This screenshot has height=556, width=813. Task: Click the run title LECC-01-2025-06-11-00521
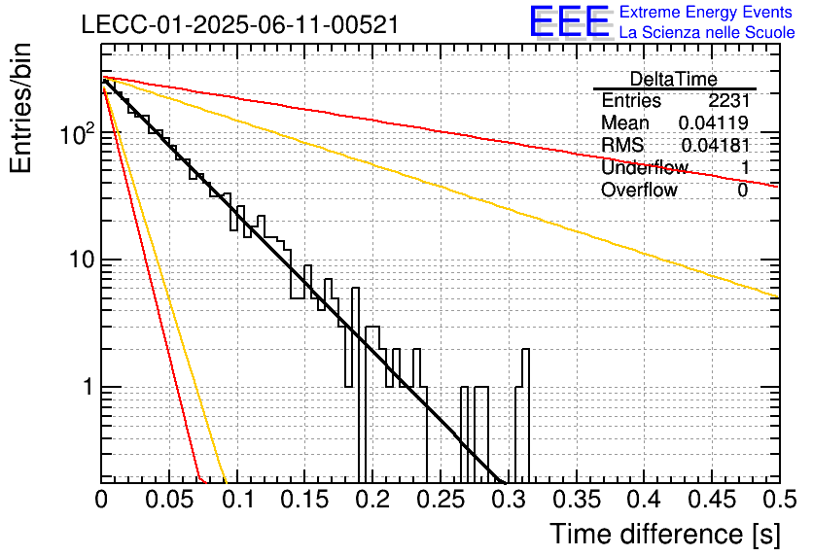240,24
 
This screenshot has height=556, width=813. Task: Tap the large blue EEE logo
570,21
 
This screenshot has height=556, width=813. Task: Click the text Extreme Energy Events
706,12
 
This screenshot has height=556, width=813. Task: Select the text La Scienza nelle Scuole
707,32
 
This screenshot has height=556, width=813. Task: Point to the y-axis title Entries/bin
20,108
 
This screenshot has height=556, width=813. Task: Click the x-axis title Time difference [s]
665,534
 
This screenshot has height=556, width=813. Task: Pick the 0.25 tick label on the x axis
442,500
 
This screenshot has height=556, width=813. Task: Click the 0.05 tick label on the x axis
169,500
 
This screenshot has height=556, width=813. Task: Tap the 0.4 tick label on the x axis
645,500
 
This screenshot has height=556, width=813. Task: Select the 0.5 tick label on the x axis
779,500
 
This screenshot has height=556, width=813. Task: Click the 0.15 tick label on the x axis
305,500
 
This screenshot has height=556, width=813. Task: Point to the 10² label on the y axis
78,134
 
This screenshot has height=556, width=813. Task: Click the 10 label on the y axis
82,260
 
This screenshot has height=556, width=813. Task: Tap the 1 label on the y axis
88,387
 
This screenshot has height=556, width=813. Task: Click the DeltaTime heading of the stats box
674,79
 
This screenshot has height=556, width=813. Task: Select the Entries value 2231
729,100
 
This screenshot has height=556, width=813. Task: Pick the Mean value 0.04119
714,122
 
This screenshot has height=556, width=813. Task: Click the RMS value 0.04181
715,145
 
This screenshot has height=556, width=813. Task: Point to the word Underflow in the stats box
645,167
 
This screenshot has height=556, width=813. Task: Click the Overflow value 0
743,191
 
